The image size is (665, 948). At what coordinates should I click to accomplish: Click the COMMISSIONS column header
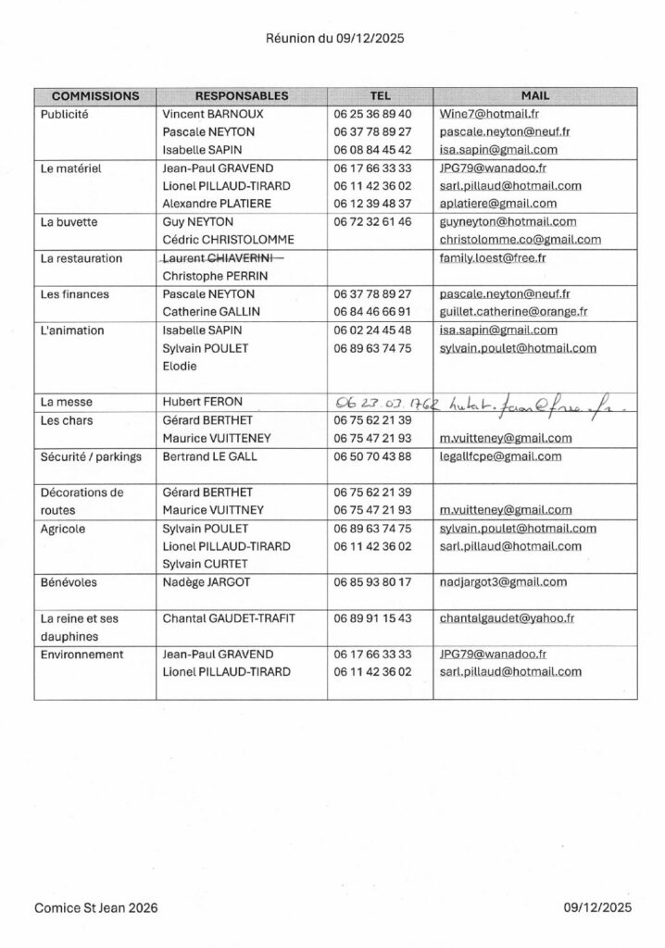point(95,95)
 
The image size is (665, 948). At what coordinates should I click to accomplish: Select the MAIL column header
point(534,95)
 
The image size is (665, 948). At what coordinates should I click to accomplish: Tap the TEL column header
point(380,95)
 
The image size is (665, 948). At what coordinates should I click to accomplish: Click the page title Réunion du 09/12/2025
point(332,39)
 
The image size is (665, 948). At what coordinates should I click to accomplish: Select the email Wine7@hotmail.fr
point(489,113)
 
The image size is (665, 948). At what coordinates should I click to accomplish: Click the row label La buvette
point(70,221)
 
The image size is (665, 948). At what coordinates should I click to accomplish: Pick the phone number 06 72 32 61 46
point(371,221)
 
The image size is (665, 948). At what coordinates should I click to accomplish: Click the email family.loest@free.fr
point(493,258)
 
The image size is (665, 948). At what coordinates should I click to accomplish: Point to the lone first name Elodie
point(181,366)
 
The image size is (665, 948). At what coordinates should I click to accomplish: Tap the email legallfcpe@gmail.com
point(500,456)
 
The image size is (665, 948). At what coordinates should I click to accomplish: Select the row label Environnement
point(82,654)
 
